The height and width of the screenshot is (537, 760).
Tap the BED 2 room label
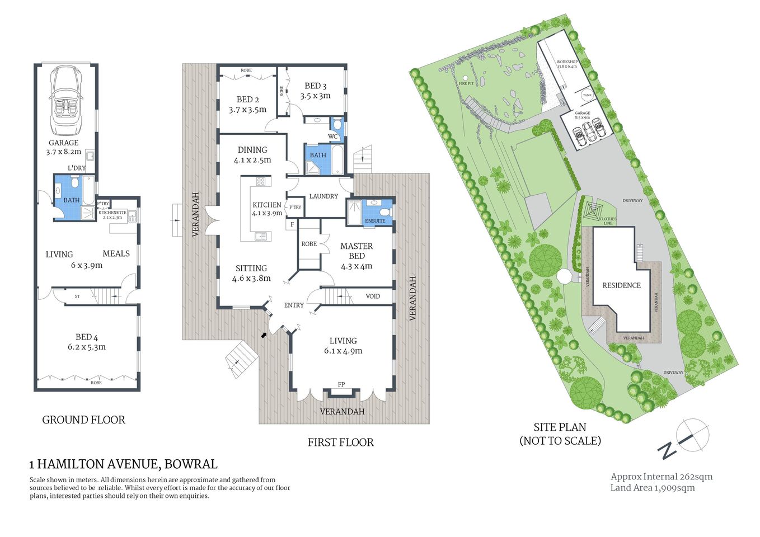click(x=247, y=100)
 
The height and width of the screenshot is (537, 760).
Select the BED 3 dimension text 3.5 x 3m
click(x=315, y=96)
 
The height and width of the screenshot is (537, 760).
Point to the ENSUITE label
click(x=375, y=221)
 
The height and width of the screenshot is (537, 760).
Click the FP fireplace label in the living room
click(x=341, y=384)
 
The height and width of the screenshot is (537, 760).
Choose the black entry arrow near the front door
click(x=264, y=335)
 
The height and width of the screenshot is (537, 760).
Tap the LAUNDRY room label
click(x=323, y=196)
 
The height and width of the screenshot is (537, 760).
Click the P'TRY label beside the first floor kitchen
click(x=295, y=208)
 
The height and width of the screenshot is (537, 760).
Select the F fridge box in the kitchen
click(x=292, y=225)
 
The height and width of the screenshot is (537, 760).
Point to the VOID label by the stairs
click(x=373, y=296)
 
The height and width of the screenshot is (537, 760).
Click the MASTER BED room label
click(x=356, y=251)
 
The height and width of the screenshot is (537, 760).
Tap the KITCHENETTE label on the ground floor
click(x=112, y=213)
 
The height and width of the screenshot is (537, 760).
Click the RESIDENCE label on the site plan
click(x=621, y=285)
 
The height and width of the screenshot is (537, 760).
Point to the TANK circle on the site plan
click(x=587, y=95)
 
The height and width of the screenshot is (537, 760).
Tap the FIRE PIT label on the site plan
click(x=466, y=83)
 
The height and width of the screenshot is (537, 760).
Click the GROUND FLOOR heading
click(x=84, y=420)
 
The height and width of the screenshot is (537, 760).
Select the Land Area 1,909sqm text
click(x=653, y=488)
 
